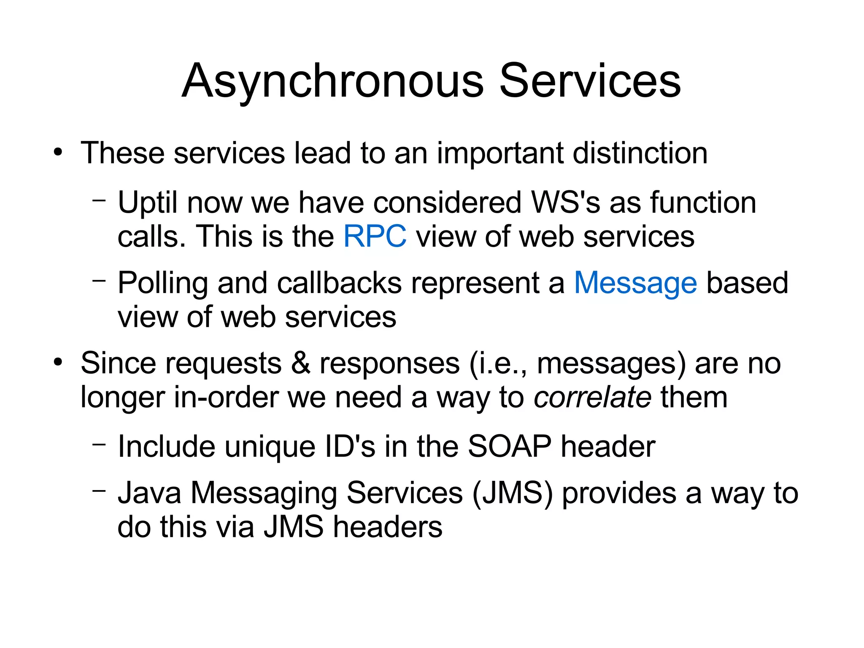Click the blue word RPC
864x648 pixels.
(x=375, y=236)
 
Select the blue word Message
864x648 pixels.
(x=635, y=283)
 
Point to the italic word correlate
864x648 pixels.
(x=592, y=397)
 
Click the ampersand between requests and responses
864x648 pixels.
(x=300, y=363)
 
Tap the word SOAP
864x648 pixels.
(x=509, y=446)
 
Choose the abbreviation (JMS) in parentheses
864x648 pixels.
(x=512, y=493)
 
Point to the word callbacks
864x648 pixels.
(x=339, y=283)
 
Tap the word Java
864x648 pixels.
(x=149, y=493)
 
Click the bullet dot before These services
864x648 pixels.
(x=58, y=152)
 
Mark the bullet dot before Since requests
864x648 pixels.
(x=58, y=362)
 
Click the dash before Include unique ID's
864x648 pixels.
(x=99, y=444)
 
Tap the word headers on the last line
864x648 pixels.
(x=388, y=527)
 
